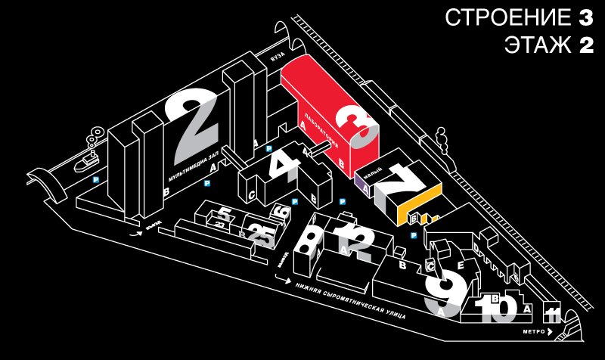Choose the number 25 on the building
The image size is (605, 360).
[259, 234]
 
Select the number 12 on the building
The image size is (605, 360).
[358, 241]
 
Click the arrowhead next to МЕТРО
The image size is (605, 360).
[560, 332]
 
